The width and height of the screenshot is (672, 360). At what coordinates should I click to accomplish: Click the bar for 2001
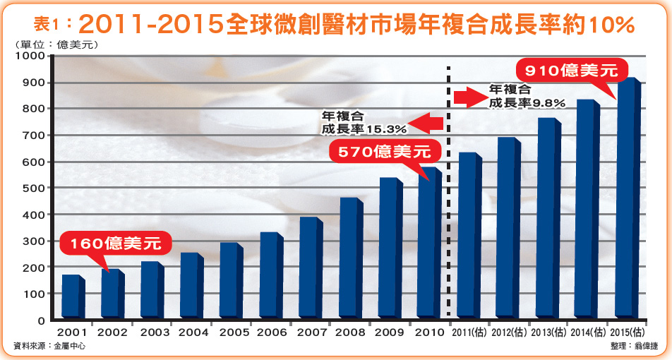point(73,296)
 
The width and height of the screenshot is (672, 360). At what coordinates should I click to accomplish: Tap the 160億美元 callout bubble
point(116,244)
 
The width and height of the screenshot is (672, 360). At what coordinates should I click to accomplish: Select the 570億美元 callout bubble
point(383,150)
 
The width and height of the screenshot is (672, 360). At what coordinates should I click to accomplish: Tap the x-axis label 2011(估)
point(469,332)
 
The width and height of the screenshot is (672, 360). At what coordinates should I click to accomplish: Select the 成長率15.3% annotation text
point(364,129)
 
